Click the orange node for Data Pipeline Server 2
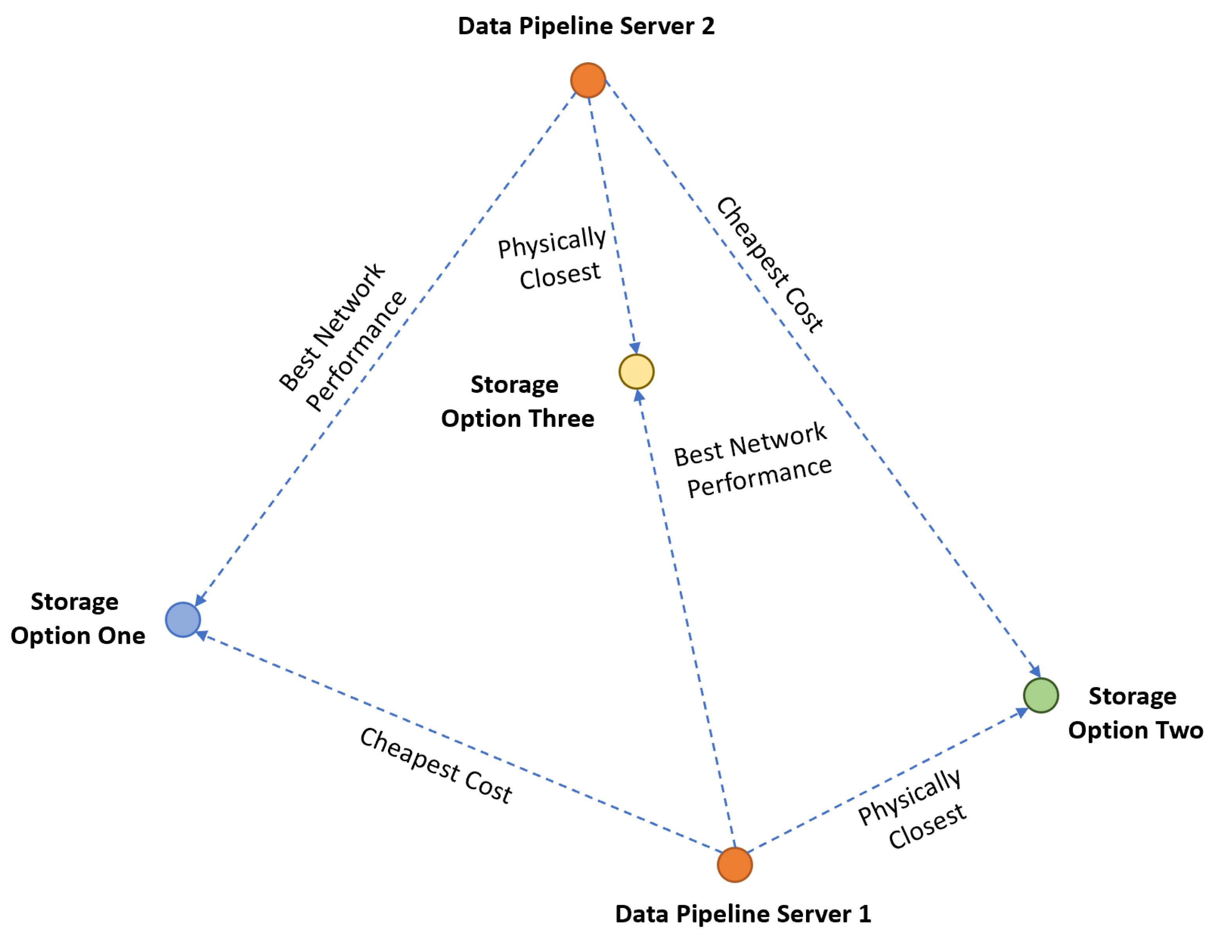coord(588,81)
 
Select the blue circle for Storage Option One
coord(183,619)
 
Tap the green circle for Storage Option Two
coord(1041,695)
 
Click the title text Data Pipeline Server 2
coord(586,26)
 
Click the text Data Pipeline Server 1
coord(743,914)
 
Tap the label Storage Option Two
coord(1134,713)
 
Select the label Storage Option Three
coord(517,401)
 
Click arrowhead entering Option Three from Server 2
coord(635,348)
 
